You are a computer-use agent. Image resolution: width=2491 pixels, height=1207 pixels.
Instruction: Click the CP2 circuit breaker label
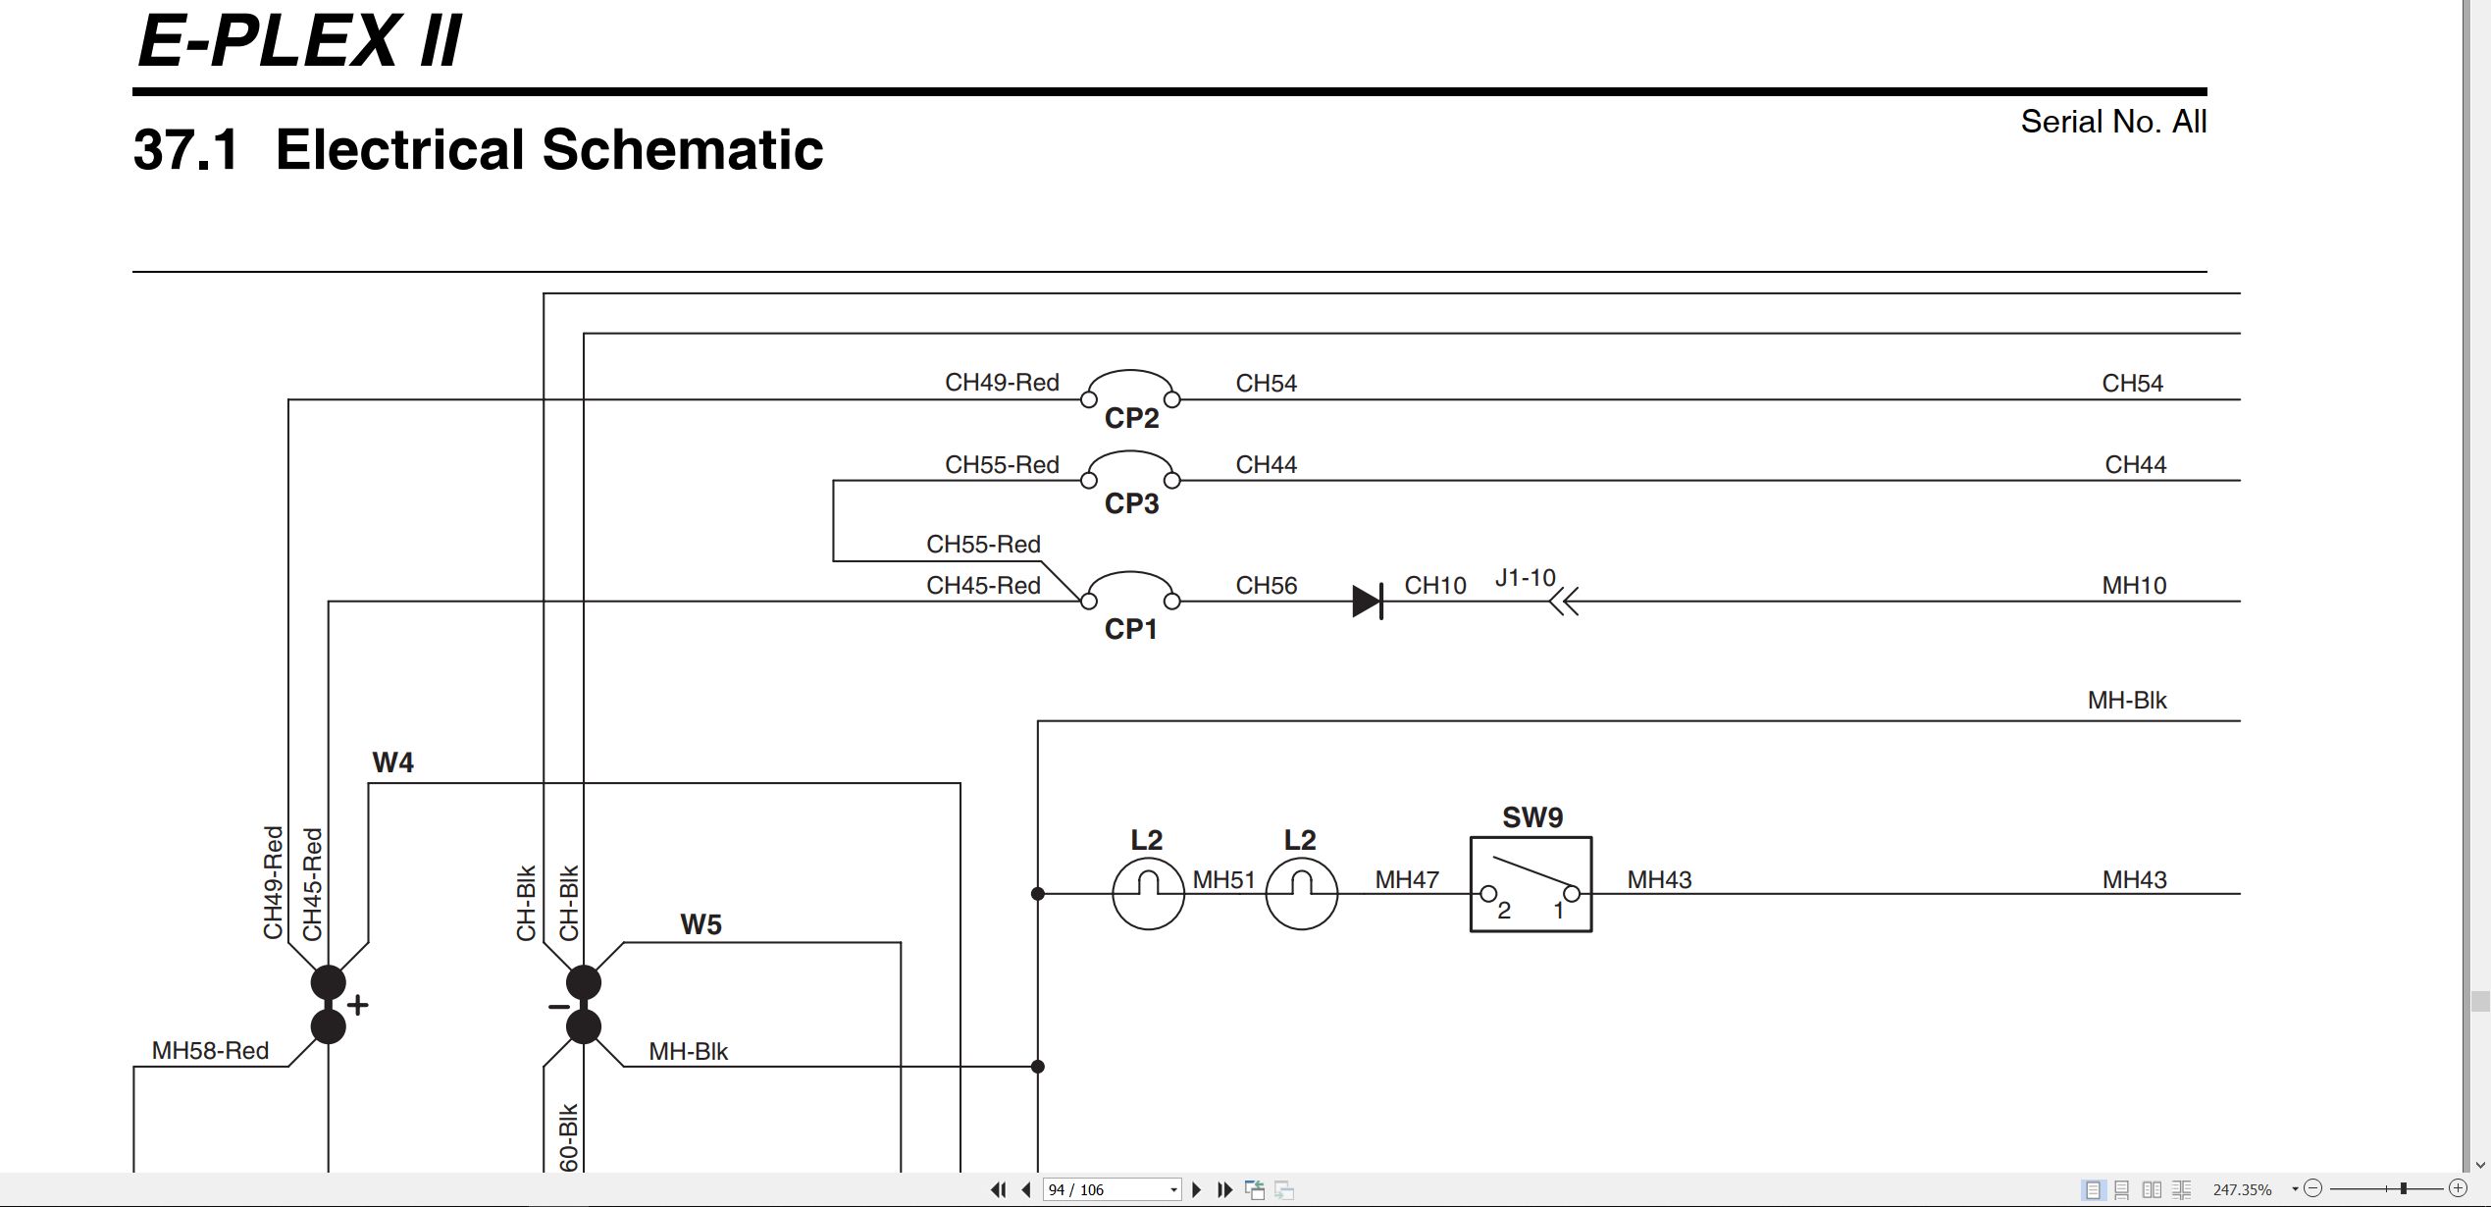pyautogui.click(x=1131, y=418)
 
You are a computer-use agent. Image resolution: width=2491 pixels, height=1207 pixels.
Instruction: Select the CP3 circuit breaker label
pyautogui.click(x=1131, y=503)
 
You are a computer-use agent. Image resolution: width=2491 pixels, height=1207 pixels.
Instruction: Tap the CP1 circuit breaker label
pyautogui.click(x=1131, y=629)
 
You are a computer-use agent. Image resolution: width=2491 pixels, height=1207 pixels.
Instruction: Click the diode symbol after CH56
pyautogui.click(x=1368, y=601)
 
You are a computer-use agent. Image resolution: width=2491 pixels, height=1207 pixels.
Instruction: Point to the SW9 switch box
pyautogui.click(x=1531, y=884)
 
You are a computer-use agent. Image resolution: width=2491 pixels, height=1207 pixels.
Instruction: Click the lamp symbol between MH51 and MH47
pyautogui.click(x=1301, y=894)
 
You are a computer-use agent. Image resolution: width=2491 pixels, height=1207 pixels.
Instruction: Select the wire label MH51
pyautogui.click(x=1223, y=880)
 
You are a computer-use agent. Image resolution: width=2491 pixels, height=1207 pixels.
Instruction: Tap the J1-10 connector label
pyautogui.click(x=1525, y=577)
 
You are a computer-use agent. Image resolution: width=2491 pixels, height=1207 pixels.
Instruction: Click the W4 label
pyautogui.click(x=392, y=762)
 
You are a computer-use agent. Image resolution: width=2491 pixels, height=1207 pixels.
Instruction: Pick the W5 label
pyautogui.click(x=701, y=924)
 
